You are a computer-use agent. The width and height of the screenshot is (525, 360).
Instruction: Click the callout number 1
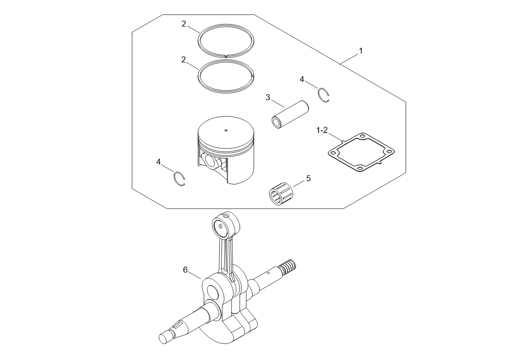click(361, 51)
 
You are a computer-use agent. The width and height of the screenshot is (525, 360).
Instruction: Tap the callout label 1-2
click(322, 130)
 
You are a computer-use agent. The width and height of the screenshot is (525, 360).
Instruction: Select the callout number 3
click(267, 97)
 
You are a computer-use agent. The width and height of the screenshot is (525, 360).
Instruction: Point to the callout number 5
click(308, 178)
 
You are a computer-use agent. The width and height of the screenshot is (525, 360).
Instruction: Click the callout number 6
click(185, 270)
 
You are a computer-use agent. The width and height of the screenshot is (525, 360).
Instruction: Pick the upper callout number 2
click(183, 24)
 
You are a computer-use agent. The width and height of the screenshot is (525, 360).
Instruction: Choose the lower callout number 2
click(183, 59)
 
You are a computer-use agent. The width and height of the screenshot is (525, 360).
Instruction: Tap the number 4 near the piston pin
click(302, 79)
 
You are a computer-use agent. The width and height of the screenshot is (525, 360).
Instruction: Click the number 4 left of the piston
click(158, 162)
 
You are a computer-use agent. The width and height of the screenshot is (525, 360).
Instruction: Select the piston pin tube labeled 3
click(290, 114)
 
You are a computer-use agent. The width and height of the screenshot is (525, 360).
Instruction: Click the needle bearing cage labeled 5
click(281, 194)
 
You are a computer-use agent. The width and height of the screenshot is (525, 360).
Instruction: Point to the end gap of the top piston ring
click(226, 55)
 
